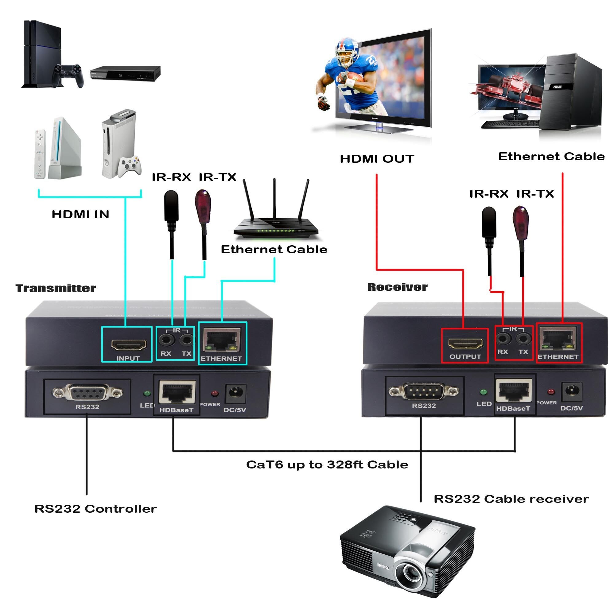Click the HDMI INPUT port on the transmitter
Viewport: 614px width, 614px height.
coord(128,344)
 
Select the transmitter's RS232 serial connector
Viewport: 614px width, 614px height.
coord(87,393)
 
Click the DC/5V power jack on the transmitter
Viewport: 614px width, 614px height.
coord(236,394)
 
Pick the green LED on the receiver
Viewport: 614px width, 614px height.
coord(483,392)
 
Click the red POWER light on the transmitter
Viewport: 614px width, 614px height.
coord(215,394)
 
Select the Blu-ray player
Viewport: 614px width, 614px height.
coord(125,73)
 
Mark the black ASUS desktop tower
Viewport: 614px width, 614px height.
coord(572,92)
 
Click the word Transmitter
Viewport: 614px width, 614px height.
coord(56,288)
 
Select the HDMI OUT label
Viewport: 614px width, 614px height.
coord(377,159)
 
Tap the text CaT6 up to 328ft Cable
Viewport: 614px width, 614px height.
coord(327,464)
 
